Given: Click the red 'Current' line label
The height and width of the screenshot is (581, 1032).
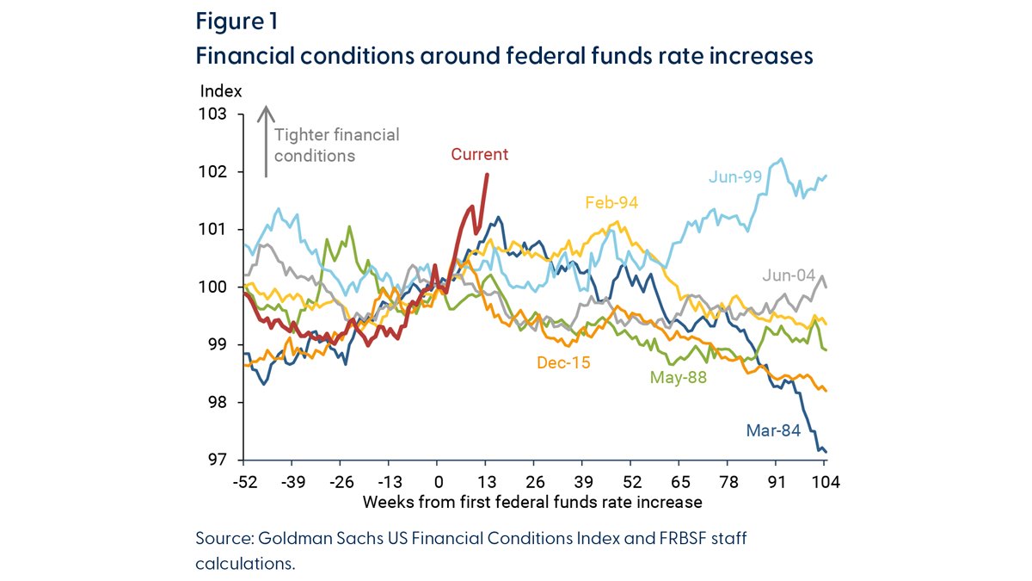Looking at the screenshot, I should click(x=480, y=155).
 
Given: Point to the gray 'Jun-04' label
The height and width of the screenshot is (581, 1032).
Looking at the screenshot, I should click(x=788, y=276).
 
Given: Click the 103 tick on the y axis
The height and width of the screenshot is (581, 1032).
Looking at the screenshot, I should click(x=215, y=114).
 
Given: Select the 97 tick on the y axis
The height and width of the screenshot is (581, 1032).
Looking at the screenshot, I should click(x=218, y=460).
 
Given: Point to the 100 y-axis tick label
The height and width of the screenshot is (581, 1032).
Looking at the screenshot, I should click(x=215, y=287).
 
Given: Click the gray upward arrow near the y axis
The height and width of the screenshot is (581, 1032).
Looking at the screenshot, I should click(x=267, y=141).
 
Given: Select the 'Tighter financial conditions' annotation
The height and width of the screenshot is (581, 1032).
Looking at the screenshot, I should click(x=337, y=145).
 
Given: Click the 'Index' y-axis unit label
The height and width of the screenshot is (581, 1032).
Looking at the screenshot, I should click(x=221, y=90).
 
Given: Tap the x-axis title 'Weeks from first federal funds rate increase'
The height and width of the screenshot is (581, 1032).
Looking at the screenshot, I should click(x=532, y=501).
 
